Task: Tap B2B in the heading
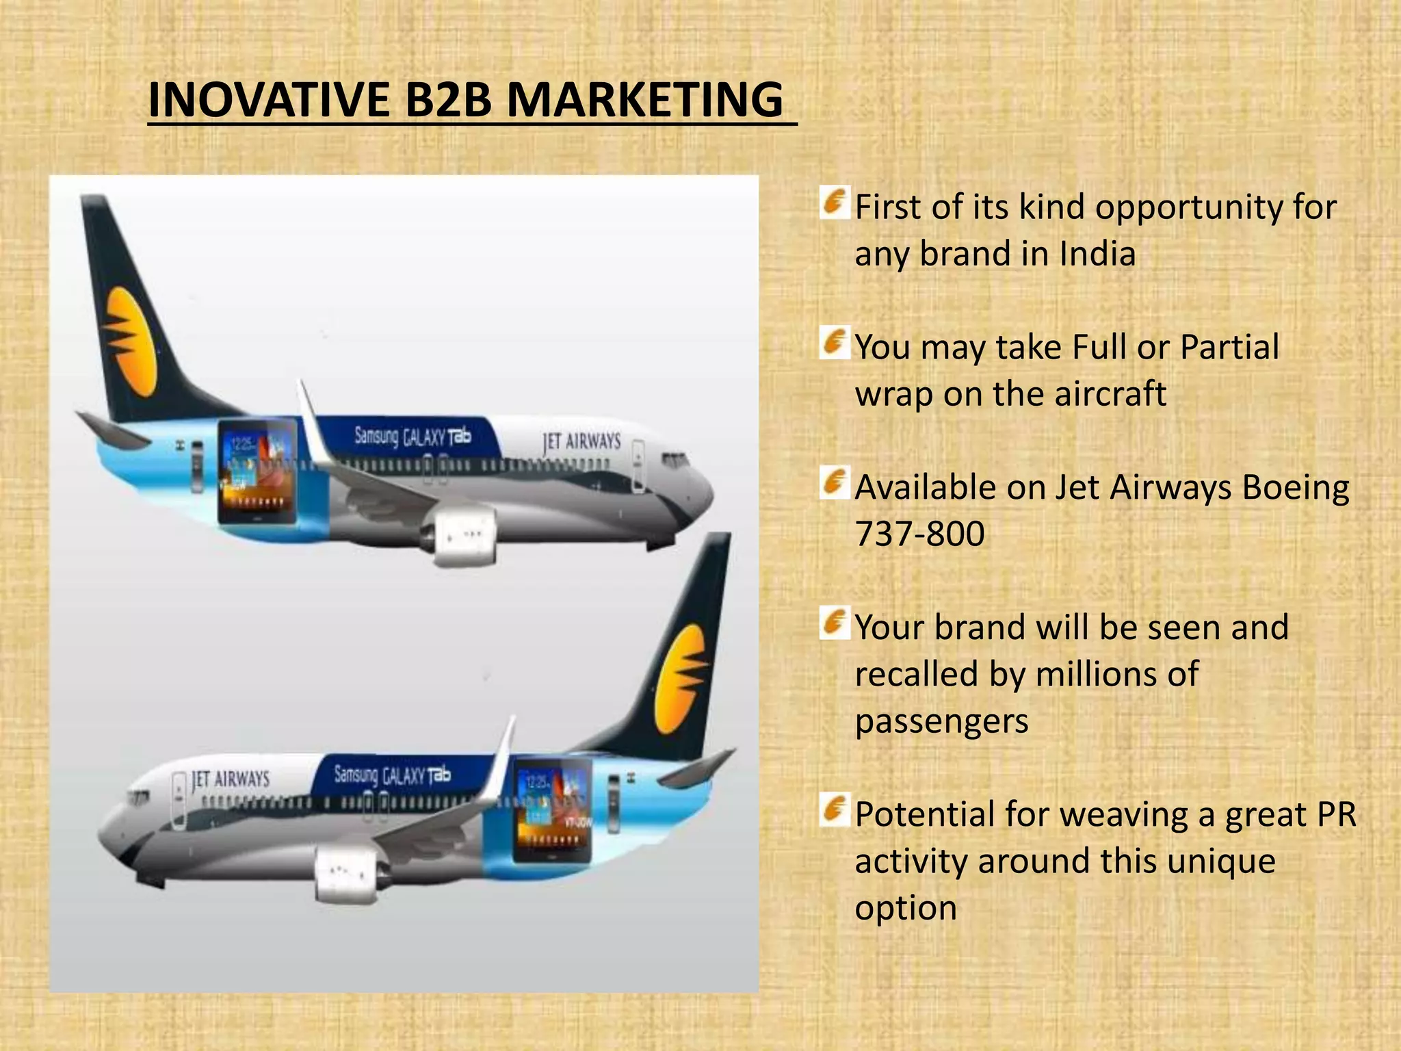448,101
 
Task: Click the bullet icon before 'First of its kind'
834,203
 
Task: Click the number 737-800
919,534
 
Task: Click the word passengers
941,721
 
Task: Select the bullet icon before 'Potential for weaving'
834,810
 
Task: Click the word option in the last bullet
905,908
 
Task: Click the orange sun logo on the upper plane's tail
128,341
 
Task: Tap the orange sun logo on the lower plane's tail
679,679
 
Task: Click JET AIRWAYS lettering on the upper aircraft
581,442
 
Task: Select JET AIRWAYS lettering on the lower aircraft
231,779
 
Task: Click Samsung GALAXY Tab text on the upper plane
413,436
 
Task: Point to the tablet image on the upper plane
258,471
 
